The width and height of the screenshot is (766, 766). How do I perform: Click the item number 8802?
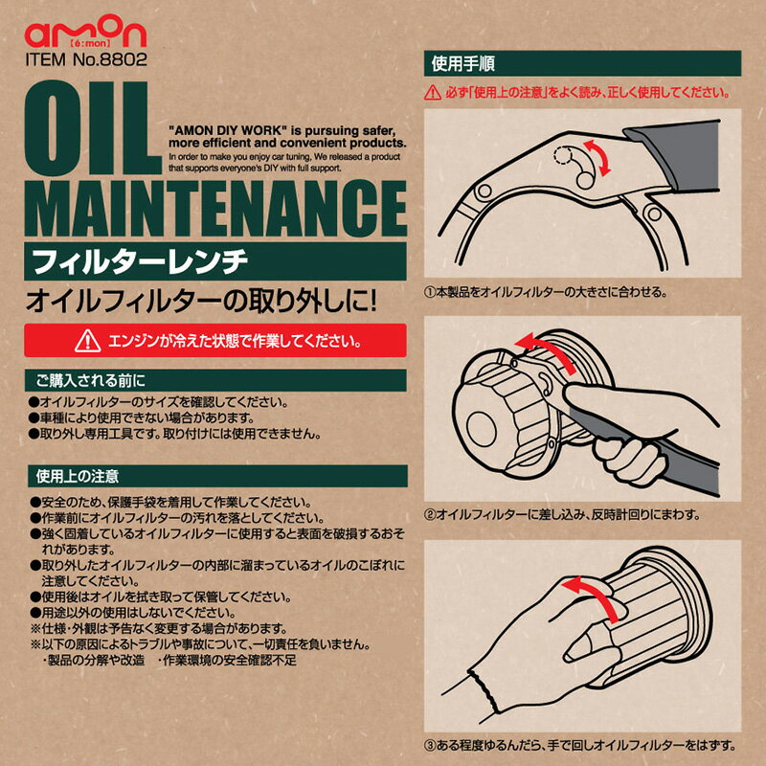[124, 59]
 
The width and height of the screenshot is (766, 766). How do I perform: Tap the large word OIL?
[93, 127]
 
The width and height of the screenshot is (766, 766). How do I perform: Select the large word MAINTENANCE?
[215, 209]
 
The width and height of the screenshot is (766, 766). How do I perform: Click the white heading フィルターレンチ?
[140, 261]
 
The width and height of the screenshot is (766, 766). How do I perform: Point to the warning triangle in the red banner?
[88, 341]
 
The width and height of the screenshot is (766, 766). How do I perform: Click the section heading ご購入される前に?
[90, 380]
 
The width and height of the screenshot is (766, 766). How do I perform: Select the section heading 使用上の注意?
[78, 476]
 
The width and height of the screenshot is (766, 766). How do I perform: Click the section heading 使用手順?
[463, 63]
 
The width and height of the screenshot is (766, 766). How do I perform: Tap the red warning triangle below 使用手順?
[433, 92]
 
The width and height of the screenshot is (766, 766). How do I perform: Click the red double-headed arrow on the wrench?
[597, 157]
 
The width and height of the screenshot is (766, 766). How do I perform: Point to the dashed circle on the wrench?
[563, 155]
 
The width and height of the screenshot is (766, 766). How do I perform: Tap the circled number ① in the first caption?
[429, 293]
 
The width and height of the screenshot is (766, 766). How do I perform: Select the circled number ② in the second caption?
[429, 514]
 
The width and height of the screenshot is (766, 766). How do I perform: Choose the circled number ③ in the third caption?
[429, 746]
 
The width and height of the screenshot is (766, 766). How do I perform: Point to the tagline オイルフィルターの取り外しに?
[201, 301]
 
